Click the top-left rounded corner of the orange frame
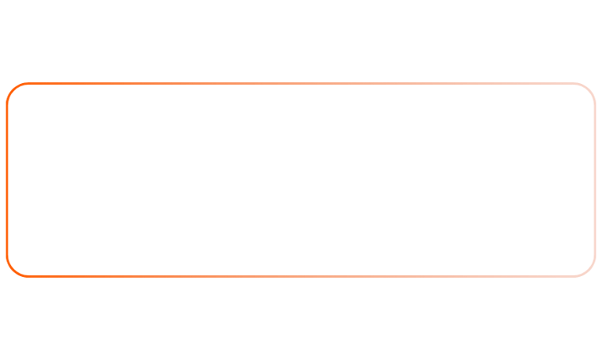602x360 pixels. [x=13, y=89]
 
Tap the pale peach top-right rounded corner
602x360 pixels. [x=589, y=89]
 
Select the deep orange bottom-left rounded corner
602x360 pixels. [x=13, y=271]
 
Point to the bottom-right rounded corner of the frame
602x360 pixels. [x=589, y=271]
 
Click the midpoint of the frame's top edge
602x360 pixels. [x=301, y=82]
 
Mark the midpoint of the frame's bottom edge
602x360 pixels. [x=301, y=277]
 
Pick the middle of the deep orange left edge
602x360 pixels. [x=7, y=180]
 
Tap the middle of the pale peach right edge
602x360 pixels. [x=595, y=180]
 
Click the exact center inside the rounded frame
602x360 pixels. [x=301, y=180]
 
